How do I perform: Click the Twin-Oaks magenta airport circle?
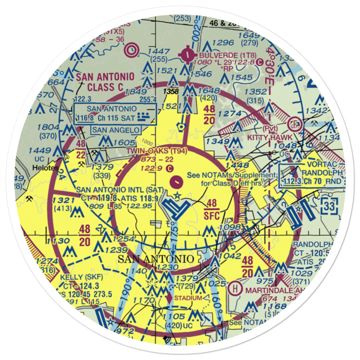tap(176, 182)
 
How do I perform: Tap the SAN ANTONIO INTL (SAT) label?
tap(120, 189)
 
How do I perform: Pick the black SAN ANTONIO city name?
tap(156, 259)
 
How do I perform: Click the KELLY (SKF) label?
tap(81, 278)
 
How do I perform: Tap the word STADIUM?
tap(188, 298)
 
